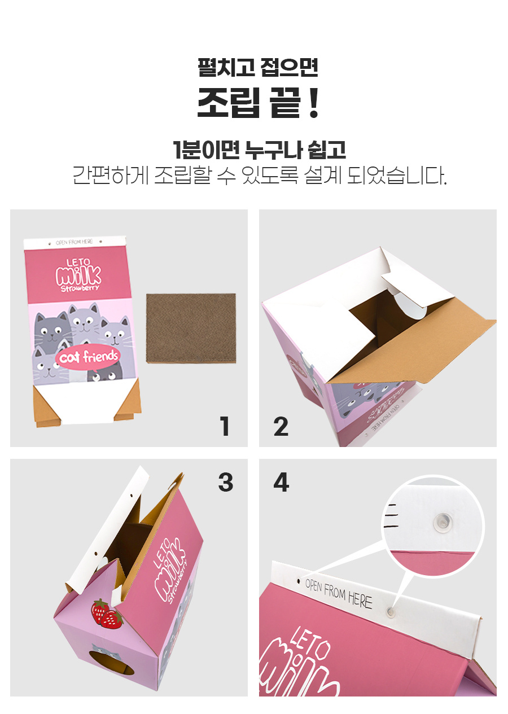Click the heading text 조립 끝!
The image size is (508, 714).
[258, 103]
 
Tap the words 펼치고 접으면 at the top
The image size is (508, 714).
[258, 67]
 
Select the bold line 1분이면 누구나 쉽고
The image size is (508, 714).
[259, 150]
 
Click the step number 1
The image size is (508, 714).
[225, 426]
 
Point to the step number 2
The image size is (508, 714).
[281, 427]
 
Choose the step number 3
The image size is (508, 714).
[226, 482]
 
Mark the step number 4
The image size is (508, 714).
[281, 482]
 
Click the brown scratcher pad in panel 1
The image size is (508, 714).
[191, 328]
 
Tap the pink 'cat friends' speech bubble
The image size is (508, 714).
[88, 357]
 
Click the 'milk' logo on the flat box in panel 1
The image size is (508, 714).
[78, 275]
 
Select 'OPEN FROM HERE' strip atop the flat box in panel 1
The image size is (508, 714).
[75, 243]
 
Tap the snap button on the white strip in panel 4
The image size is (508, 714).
[391, 611]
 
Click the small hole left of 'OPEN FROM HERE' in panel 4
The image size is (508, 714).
[299, 580]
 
